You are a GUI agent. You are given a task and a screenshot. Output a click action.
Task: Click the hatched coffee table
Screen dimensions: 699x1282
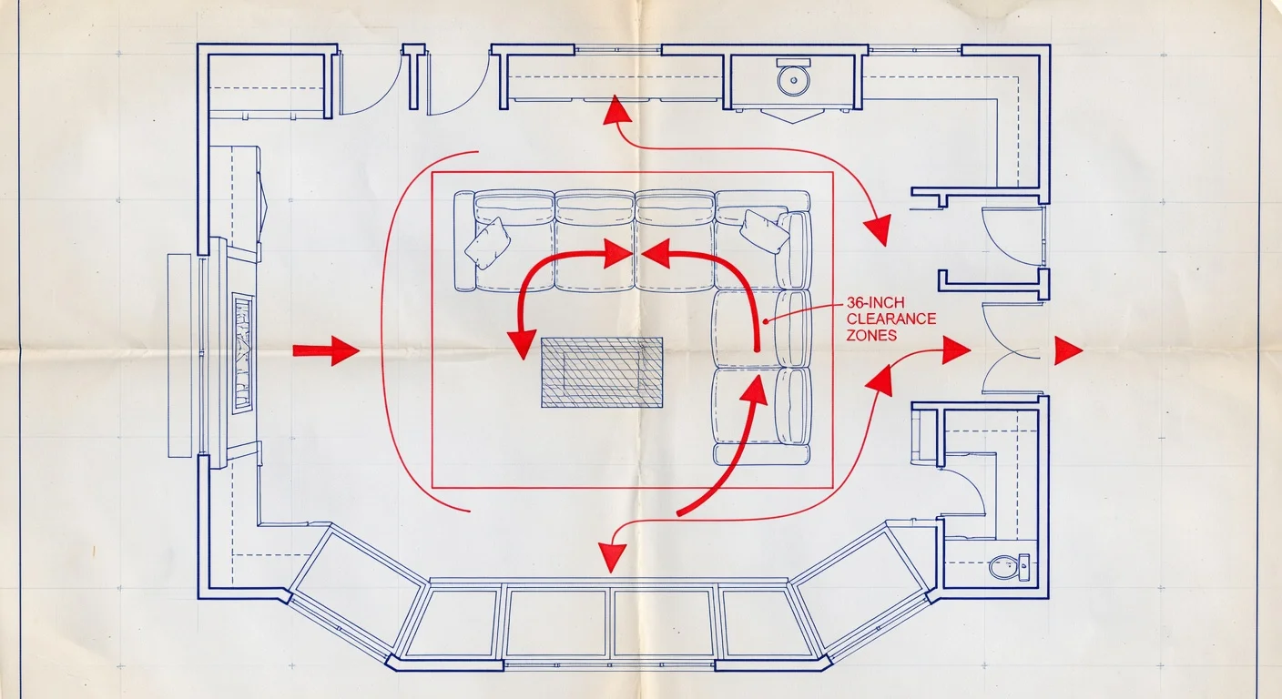click(x=602, y=372)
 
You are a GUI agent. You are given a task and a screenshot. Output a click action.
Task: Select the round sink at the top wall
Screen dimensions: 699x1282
click(x=794, y=78)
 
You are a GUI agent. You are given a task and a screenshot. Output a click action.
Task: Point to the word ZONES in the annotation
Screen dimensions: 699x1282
click(x=871, y=335)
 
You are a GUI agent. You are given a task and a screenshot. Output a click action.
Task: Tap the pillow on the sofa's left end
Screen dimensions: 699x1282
click(x=487, y=242)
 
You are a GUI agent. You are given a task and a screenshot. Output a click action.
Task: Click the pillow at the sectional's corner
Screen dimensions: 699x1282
click(x=765, y=231)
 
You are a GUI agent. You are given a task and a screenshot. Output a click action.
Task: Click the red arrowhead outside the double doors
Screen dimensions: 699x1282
click(x=1067, y=350)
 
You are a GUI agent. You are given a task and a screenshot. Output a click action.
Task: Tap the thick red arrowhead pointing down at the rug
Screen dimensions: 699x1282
click(x=522, y=344)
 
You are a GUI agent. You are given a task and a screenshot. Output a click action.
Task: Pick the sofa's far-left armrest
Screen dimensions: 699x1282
click(x=463, y=241)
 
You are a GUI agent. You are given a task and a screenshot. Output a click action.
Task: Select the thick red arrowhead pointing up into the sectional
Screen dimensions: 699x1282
click(x=754, y=386)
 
